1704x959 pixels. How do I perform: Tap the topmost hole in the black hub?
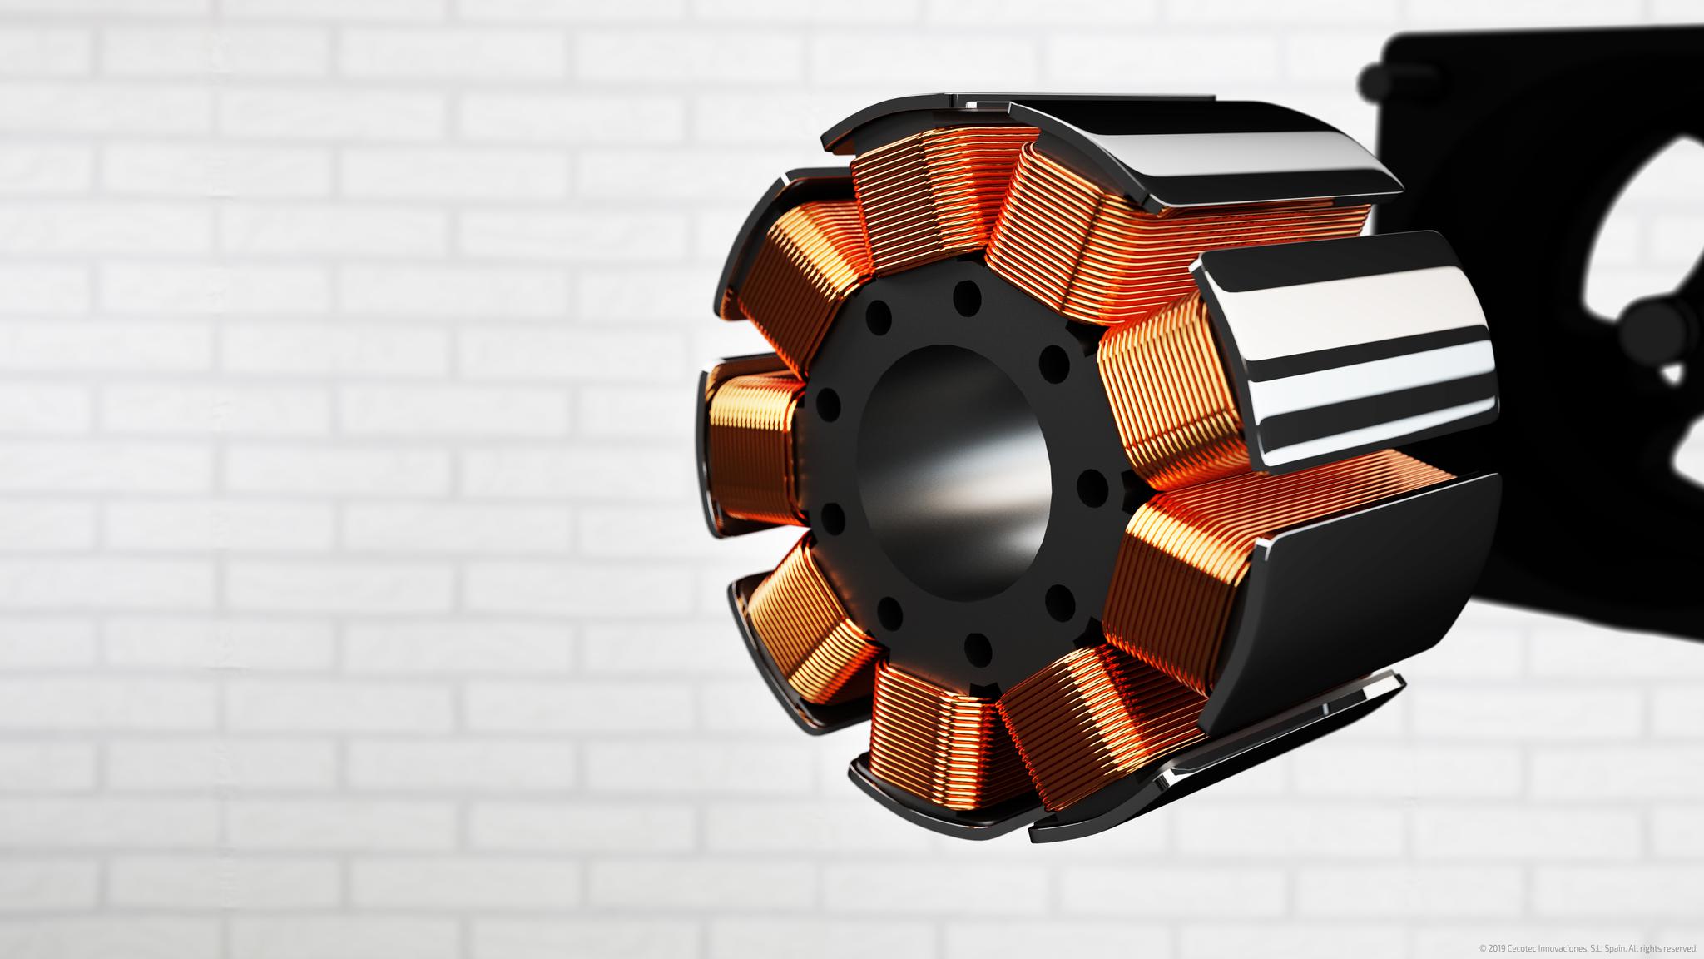[x=965, y=297]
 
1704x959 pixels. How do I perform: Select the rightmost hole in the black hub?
[x=1090, y=484]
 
